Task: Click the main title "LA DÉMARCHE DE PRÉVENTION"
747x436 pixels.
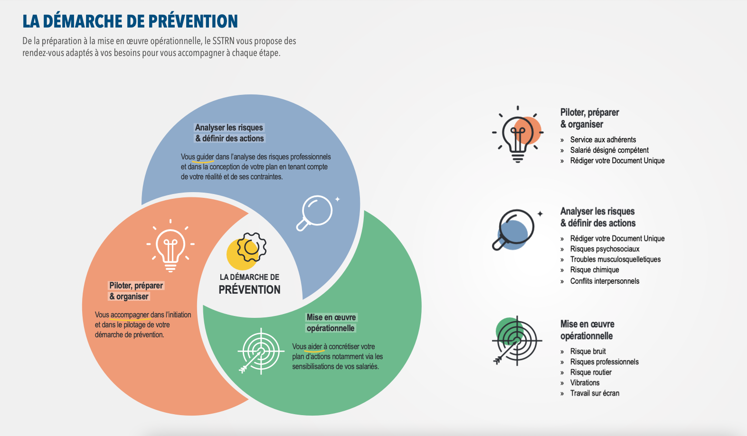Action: point(130,21)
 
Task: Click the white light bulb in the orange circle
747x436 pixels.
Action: point(170,246)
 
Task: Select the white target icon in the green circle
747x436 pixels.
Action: point(261,351)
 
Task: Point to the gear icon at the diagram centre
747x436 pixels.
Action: point(252,247)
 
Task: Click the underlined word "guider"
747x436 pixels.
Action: point(205,157)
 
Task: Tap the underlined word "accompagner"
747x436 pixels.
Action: point(130,315)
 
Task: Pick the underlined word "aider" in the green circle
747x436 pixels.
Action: point(314,346)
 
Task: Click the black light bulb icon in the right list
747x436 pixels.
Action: point(518,134)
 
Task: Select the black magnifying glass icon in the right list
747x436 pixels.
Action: point(516,229)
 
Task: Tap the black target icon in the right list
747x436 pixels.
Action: point(517,341)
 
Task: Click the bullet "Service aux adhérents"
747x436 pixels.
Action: point(603,139)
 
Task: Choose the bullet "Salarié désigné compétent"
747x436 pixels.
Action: point(609,150)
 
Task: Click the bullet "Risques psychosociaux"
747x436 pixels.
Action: point(605,249)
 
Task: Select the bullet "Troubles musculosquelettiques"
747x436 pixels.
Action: point(615,259)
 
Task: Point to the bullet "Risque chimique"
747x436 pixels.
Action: point(595,269)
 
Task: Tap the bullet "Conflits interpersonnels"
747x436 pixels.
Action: point(605,281)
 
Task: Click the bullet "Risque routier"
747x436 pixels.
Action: point(591,372)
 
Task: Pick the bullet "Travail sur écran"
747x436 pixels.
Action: point(595,393)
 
